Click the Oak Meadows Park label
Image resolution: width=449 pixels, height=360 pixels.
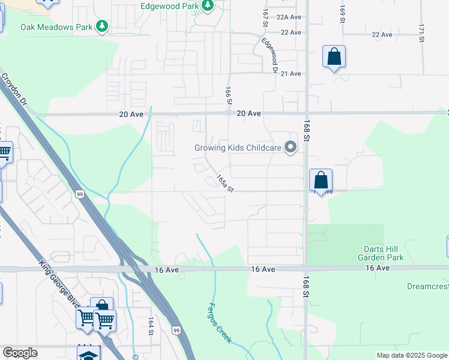pos(56,27)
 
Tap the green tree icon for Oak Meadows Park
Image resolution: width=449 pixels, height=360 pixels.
pos(103,26)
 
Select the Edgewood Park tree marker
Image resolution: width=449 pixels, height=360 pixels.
pos(208,6)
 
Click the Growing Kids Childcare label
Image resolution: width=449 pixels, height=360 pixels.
pos(238,148)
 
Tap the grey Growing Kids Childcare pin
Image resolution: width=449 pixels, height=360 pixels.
pos(291,147)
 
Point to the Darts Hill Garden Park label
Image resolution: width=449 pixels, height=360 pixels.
pos(383,253)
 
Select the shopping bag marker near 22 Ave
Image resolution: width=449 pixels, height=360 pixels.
pos(334,57)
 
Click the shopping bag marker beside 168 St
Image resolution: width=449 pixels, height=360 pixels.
pos(321,179)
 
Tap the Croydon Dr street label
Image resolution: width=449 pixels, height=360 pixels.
pos(14,89)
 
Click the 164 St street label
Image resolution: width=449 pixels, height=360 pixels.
pos(151,330)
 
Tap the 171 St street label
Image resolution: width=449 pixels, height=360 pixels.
pos(423,33)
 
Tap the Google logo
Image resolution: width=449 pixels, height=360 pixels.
pos(20,353)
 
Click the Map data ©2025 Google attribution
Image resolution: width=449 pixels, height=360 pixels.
pos(411,356)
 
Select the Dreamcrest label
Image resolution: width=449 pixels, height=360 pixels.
pos(427,287)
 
